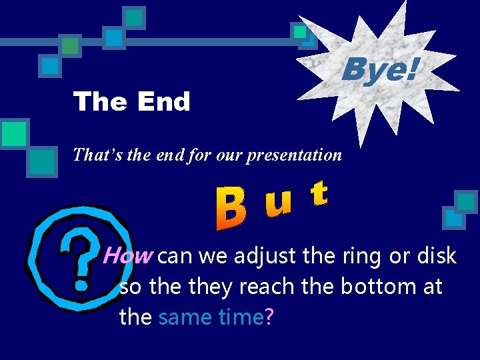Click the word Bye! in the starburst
(381, 69)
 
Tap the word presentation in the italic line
(294, 155)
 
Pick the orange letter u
(279, 203)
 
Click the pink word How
(129, 255)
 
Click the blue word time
(239, 317)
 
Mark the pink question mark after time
(269, 317)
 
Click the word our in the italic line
(231, 155)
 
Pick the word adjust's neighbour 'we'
(207, 257)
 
